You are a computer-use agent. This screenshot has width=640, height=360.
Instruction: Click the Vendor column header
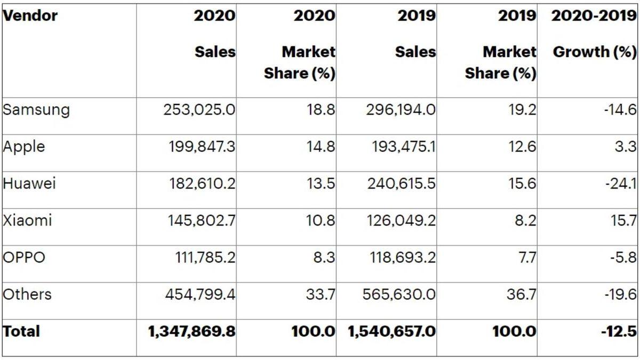(30, 15)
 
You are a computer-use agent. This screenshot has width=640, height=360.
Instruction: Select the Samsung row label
(36, 110)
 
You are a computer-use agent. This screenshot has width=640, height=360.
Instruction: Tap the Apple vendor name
(23, 147)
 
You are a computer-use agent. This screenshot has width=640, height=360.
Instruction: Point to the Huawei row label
(29, 183)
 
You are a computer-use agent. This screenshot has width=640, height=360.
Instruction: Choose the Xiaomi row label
(27, 220)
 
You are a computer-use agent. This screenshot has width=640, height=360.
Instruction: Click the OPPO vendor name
(24, 258)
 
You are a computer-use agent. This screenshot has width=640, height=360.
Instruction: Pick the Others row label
(27, 294)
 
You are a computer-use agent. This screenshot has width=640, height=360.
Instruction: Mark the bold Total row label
(21, 331)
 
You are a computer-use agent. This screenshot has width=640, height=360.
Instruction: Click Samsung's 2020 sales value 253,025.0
(199, 110)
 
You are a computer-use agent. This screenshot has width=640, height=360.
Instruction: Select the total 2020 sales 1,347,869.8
(192, 332)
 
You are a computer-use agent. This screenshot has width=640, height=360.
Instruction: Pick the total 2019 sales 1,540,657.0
(392, 332)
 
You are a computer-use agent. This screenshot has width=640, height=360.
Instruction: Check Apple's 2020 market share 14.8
(320, 147)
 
